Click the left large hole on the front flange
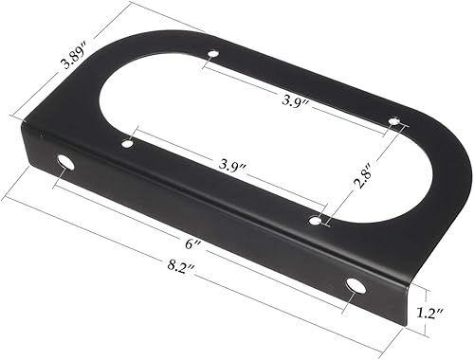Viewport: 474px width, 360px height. pyautogui.click(x=64, y=162)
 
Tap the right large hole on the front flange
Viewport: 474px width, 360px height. pyautogui.click(x=355, y=285)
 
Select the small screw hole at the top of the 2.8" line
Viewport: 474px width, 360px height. pyautogui.click(x=395, y=121)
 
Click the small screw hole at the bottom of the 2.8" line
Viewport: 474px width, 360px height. pyautogui.click(x=316, y=221)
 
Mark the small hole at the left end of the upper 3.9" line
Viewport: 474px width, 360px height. pyautogui.click(x=213, y=54)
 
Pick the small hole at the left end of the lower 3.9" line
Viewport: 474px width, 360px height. pyautogui.click(x=127, y=144)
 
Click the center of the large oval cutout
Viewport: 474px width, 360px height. pyautogui.click(x=251, y=133)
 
